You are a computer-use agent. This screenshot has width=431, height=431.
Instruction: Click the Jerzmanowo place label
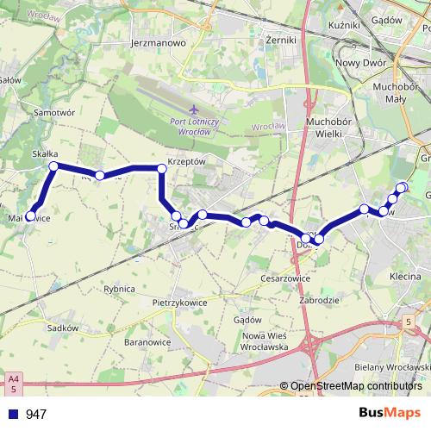(155, 41)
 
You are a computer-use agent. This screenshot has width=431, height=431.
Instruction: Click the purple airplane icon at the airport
(194, 110)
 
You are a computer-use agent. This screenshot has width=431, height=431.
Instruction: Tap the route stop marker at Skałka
(53, 166)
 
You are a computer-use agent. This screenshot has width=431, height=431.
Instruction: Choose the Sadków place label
(64, 328)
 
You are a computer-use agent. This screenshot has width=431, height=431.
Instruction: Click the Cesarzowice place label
(287, 278)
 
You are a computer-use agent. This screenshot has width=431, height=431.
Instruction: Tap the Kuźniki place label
(344, 25)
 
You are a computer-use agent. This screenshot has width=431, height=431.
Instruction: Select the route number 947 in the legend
(35, 415)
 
